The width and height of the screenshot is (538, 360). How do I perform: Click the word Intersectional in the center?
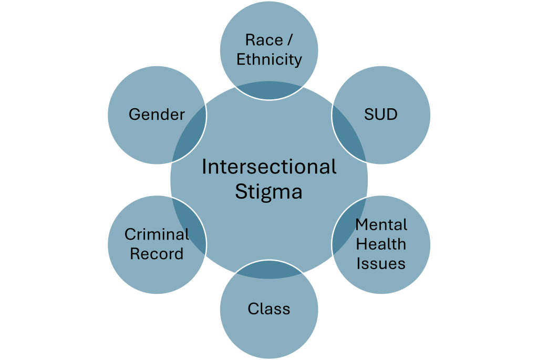tap(269, 167)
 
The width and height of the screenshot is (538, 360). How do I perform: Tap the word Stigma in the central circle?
tap(268, 192)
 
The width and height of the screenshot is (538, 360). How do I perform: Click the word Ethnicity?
tap(269, 59)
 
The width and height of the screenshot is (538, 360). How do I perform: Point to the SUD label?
tap(381, 114)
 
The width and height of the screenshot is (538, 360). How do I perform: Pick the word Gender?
tap(157, 114)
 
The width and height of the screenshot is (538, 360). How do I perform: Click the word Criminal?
tap(157, 234)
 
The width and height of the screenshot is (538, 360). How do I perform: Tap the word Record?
tap(157, 254)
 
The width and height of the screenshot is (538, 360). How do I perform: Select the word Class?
tap(268, 308)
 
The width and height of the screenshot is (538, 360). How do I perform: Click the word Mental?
tap(381, 225)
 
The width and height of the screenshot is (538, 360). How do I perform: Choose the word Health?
tap(381, 244)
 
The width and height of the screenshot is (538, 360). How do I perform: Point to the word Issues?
tap(381, 263)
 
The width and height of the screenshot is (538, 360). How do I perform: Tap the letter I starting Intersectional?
tap(204, 167)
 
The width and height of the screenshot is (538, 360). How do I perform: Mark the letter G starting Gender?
tap(133, 114)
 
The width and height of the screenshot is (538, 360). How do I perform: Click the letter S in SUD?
tap(369, 114)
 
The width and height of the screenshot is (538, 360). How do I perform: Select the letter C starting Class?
tap(253, 308)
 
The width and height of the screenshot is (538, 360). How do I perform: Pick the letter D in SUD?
tap(392, 114)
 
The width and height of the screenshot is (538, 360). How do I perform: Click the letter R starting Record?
tap(134, 254)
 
